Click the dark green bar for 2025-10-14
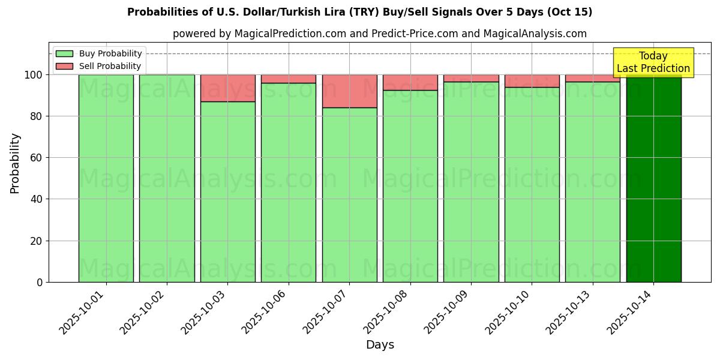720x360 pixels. [653, 180]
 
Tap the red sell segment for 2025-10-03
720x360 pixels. [228, 88]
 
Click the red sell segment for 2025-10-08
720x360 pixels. [410, 82]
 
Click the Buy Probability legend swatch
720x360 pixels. [64, 54]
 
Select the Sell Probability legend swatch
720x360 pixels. [64, 66]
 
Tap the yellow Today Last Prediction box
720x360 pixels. [653, 62]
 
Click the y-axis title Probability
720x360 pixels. [16, 163]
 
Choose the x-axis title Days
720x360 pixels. [380, 345]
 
